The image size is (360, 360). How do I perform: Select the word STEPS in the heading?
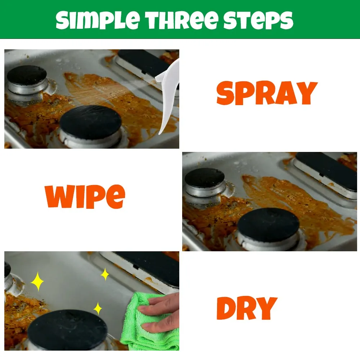pyautogui.click(x=258, y=20)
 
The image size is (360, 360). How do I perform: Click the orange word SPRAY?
pyautogui.click(x=267, y=93)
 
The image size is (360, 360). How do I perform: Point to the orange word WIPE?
pyautogui.click(x=85, y=197)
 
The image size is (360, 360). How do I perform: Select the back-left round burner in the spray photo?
pyautogui.click(x=27, y=75)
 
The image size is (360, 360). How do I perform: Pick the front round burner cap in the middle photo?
pyautogui.click(x=268, y=225)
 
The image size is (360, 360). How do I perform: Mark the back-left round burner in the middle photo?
pyautogui.click(x=204, y=177)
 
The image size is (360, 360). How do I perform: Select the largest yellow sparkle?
pyautogui.click(x=37, y=282)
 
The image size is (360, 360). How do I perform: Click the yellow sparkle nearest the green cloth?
pyautogui.click(x=98, y=309)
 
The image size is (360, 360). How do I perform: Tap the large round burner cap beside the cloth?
pyautogui.click(x=67, y=329)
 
